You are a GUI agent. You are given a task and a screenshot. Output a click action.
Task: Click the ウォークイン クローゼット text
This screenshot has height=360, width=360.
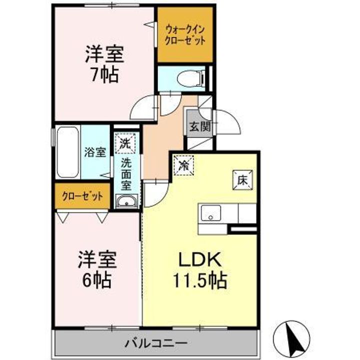pos(185,34)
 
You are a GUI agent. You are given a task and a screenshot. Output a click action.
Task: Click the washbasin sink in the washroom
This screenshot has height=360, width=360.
pos(126,202)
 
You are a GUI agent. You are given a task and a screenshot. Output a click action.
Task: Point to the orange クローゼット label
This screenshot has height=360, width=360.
pos(82,196)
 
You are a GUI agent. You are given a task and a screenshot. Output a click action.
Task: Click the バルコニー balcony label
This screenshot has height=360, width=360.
pos(156,343)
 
